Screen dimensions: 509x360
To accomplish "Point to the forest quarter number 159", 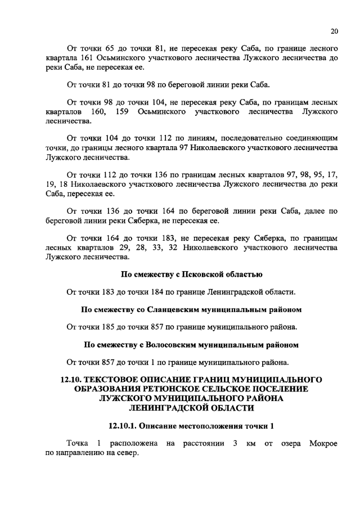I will [123, 112].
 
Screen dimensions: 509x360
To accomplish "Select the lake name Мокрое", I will [323, 444].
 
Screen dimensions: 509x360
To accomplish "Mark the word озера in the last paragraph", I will [286, 444].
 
